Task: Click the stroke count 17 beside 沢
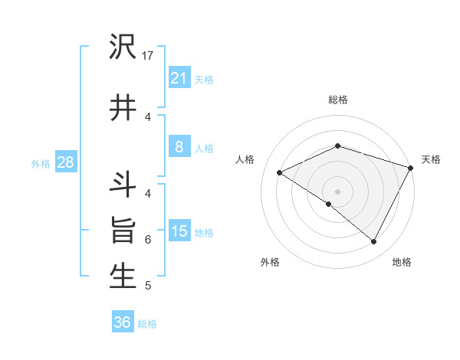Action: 148,55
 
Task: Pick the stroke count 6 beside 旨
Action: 148,239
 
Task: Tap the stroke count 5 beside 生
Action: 148,286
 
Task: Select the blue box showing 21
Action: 179,78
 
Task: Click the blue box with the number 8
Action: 179,148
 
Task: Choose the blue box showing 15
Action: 179,231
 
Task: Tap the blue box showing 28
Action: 65,162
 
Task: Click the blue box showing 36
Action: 123,322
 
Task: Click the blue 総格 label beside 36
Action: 147,324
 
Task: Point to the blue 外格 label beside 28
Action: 41,163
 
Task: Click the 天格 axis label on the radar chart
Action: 431,159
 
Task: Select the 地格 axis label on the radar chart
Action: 402,262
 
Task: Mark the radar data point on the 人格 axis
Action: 280,173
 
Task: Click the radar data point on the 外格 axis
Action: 329,204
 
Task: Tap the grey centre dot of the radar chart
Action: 337,191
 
